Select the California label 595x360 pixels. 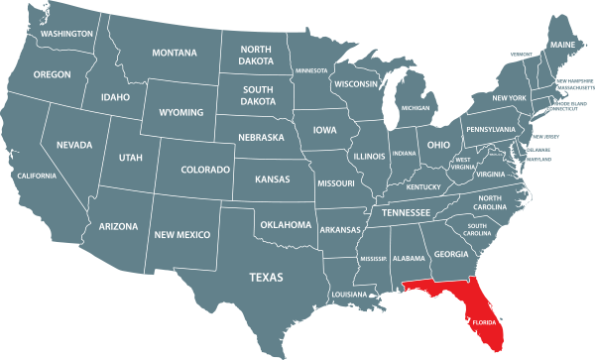click(37, 176)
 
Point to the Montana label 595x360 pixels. click(175, 53)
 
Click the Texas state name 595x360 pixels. click(266, 277)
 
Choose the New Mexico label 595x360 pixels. click(181, 234)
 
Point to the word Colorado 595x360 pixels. click(205, 171)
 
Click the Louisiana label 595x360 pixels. click(348, 295)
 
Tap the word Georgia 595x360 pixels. click(451, 254)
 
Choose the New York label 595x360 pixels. click(509, 98)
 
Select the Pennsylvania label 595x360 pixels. click(491, 130)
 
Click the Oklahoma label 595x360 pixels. click(286, 225)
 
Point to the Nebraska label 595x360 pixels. click(262, 138)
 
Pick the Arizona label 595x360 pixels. click(118, 227)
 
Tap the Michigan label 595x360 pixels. click(416, 107)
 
